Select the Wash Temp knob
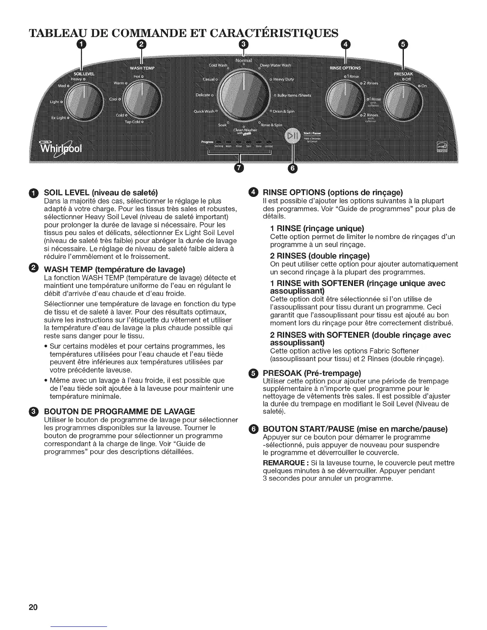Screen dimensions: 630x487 (142, 102)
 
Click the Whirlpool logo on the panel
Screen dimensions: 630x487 (60, 150)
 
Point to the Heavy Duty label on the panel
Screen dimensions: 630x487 (283, 80)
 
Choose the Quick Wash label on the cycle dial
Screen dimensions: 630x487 (204, 111)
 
